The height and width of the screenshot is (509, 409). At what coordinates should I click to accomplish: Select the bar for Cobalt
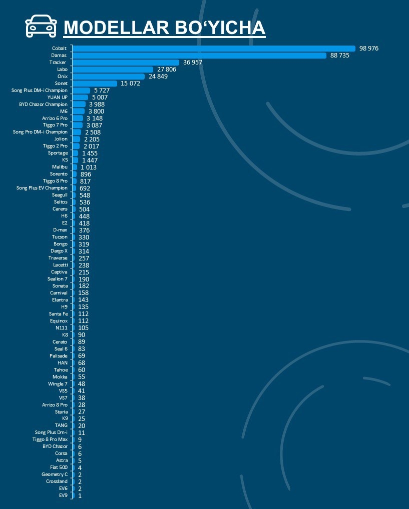(x=214, y=48)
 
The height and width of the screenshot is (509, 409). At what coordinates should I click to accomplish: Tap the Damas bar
(x=199, y=55)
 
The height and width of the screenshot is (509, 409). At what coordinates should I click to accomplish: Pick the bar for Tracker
(x=127, y=62)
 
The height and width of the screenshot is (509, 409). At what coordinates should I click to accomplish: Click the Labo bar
(x=113, y=69)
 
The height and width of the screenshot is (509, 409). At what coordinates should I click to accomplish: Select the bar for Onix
(x=109, y=76)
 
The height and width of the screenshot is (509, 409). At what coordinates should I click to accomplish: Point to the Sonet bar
(x=95, y=83)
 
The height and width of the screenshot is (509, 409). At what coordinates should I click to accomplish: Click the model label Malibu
(x=60, y=167)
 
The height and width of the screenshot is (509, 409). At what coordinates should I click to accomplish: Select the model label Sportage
(x=57, y=153)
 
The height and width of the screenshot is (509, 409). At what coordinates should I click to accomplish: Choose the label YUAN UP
(x=57, y=97)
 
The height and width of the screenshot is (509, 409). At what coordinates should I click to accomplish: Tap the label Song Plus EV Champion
(x=42, y=188)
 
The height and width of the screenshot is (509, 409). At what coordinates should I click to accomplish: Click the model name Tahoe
(x=60, y=369)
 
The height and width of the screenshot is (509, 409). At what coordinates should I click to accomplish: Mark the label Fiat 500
(x=59, y=467)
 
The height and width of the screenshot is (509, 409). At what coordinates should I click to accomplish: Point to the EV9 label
(x=63, y=495)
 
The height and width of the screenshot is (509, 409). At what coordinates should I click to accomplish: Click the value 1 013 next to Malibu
(x=89, y=167)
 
